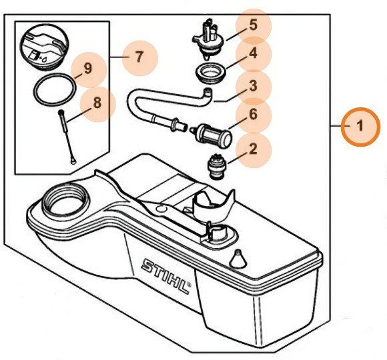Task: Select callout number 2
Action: [253, 149]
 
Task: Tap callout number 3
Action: [253, 86]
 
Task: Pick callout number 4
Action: [253, 55]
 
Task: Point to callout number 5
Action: [253, 26]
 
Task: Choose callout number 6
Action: [253, 115]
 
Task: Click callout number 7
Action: [139, 57]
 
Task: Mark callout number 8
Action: [97, 103]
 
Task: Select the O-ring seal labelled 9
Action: [55, 89]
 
